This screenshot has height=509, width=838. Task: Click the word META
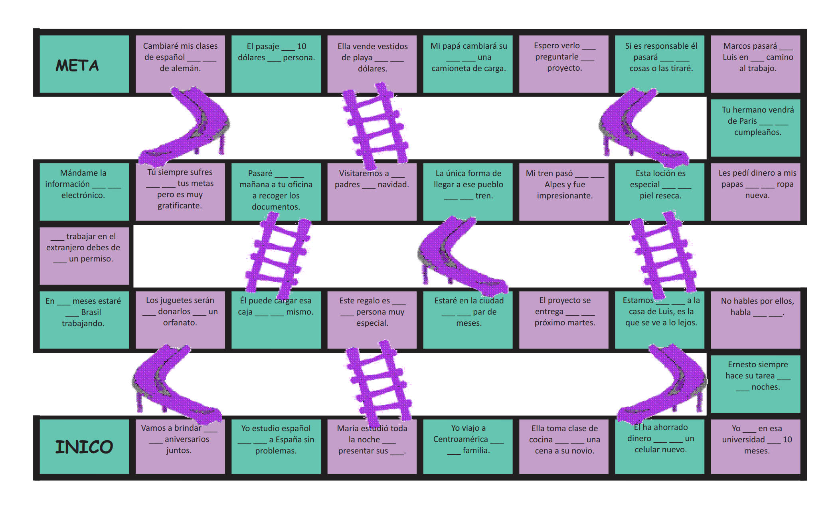[77, 65]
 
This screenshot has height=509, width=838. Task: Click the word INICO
[84, 447]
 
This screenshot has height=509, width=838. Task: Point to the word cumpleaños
[757, 132]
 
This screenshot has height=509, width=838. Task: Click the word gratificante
[180, 206]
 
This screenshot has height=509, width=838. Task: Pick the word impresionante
[564, 196]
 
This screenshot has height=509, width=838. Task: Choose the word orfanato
[180, 323]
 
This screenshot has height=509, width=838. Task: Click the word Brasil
[91, 312]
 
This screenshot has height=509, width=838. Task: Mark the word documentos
[276, 207]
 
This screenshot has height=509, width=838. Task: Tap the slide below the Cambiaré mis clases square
[188, 128]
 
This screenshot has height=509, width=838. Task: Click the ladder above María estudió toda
[377, 383]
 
